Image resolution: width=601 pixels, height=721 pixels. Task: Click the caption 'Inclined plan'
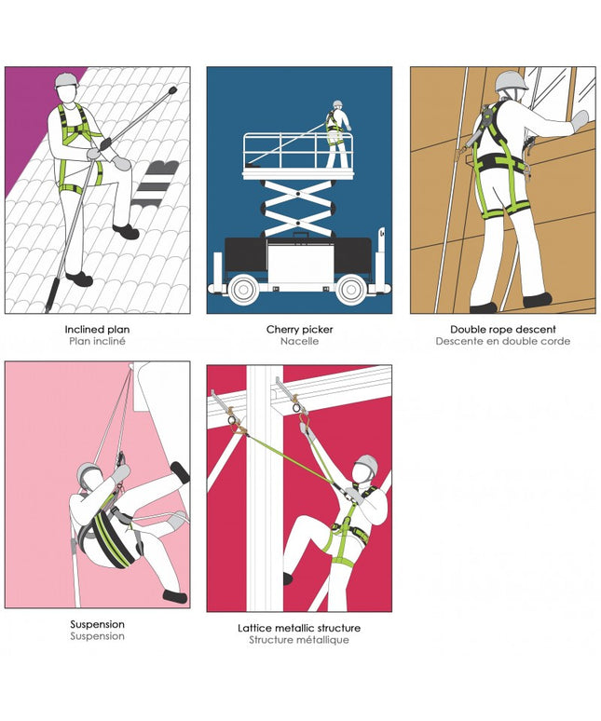click(97, 329)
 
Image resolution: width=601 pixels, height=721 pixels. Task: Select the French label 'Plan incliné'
click(97, 341)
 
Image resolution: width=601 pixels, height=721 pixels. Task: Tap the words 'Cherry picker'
click(299, 329)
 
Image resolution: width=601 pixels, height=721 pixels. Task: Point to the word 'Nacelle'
click(299, 341)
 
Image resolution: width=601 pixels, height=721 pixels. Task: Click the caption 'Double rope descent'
click(502, 329)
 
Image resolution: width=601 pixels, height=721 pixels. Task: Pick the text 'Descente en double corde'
click(502, 341)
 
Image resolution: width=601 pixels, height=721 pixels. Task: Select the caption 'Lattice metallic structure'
click(299, 628)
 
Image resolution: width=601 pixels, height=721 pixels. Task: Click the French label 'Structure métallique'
click(299, 640)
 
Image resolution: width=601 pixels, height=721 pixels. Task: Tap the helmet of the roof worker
click(67, 80)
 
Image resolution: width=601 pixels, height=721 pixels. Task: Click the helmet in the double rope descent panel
click(512, 81)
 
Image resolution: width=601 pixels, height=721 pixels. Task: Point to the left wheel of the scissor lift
click(242, 289)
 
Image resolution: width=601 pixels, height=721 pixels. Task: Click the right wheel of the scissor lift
click(351, 289)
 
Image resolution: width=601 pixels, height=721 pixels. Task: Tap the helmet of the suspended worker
click(88, 470)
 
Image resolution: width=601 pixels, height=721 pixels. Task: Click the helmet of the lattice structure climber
click(367, 464)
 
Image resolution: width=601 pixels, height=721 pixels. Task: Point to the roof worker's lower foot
click(79, 279)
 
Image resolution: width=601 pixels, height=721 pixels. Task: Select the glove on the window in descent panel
click(580, 120)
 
